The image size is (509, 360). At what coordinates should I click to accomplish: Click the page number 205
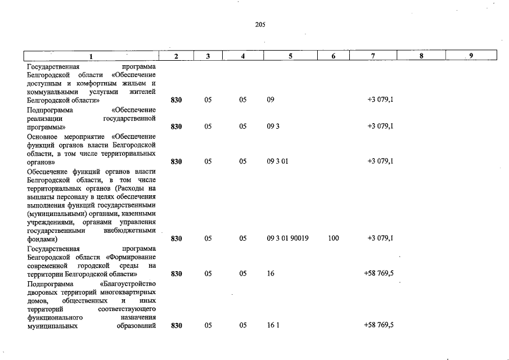(260, 25)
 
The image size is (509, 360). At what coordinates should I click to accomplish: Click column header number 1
(92, 56)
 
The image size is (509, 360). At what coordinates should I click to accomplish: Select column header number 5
(290, 56)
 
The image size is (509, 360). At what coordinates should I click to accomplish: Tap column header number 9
(471, 56)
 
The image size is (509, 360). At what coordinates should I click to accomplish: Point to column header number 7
(372, 56)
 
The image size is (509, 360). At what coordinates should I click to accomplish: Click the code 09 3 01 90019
(287, 238)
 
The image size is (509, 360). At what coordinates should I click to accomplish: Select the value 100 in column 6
(333, 238)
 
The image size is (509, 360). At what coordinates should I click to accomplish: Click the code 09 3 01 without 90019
(277, 161)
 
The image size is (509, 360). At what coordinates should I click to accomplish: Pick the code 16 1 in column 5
(273, 325)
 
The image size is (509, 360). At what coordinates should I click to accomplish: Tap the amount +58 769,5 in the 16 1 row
(379, 325)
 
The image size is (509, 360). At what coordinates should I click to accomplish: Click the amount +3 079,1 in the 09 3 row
(380, 127)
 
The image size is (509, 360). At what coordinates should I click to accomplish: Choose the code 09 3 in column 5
(273, 127)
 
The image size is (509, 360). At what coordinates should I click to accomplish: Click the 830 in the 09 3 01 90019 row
(176, 238)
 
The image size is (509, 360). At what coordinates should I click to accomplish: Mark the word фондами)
(42, 238)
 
